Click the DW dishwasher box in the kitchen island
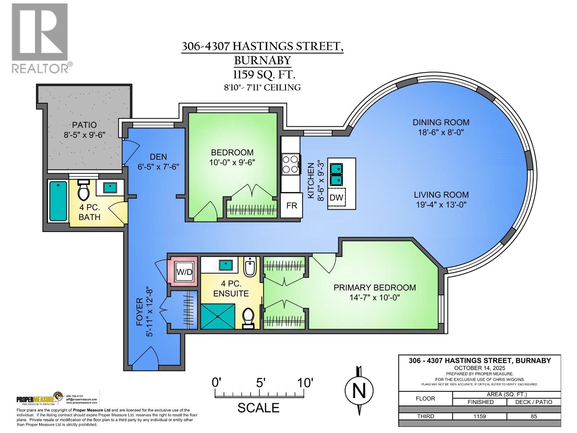coord(337,197)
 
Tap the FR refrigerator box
coord(291,205)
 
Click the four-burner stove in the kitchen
coord(291,164)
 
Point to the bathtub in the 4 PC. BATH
coord(58,201)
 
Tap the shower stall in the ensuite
coord(218,316)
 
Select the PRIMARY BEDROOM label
coord(375,288)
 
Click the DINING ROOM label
coord(441,122)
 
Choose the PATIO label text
coord(84,125)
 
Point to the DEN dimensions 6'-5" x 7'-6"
coord(158,167)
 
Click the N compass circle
coord(359,390)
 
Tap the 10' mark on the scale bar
coord(305,382)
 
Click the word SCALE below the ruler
coord(258,408)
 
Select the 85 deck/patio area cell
coord(534,416)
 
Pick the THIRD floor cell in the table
coord(426,416)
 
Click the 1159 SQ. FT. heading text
coord(264,75)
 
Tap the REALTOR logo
coord(40,38)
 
